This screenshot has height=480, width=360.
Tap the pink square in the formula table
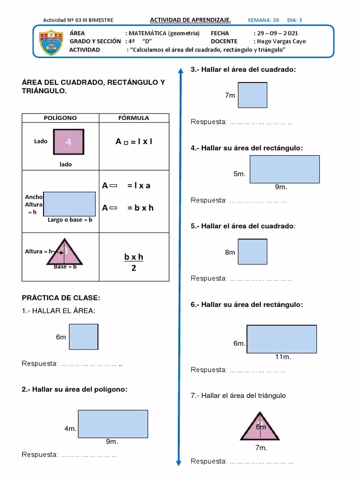(x=68, y=142)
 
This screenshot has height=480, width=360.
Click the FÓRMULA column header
(x=134, y=118)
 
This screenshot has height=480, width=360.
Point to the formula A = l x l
(x=134, y=142)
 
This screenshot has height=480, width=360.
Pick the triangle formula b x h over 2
(x=134, y=262)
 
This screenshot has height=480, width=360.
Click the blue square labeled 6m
(x=83, y=337)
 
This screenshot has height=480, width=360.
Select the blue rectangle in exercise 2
(x=113, y=424)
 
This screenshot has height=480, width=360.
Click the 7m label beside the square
(x=230, y=95)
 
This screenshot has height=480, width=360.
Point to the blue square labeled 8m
(x=253, y=252)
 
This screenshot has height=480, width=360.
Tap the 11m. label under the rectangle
(x=283, y=357)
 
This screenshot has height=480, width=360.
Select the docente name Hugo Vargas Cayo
(x=282, y=41)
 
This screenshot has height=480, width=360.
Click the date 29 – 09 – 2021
(x=276, y=33)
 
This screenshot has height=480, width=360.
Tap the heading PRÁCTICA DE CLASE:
(x=61, y=298)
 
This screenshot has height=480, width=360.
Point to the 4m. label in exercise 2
(x=70, y=428)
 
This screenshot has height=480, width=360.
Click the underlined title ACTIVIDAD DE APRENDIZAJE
(x=190, y=20)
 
